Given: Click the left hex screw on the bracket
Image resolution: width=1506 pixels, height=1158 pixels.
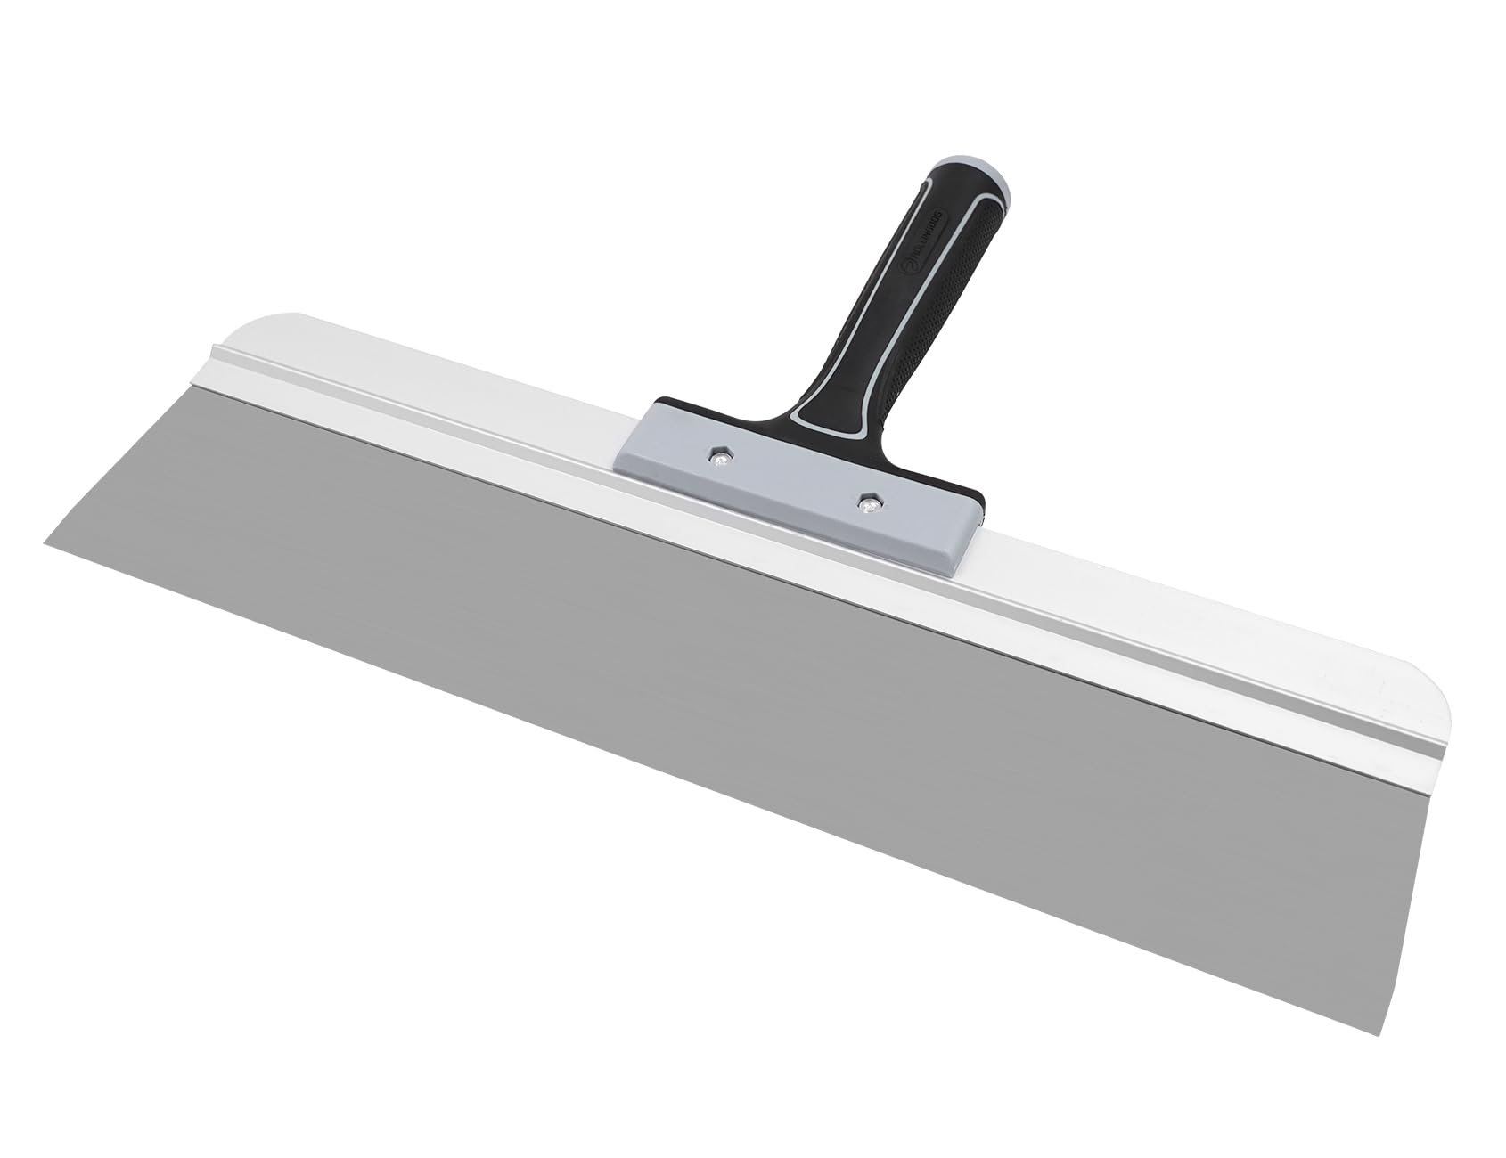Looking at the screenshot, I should click(718, 458).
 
